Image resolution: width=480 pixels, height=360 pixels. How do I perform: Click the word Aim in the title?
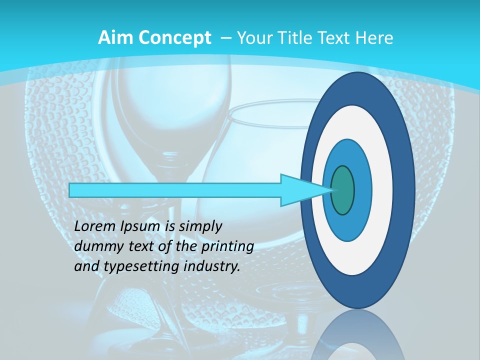pos(114,37)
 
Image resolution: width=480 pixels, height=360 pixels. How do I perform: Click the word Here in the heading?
pos(374,37)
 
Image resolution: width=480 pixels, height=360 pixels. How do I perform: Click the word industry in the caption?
pos(212,266)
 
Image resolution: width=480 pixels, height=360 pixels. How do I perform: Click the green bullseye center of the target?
pos(343,190)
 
